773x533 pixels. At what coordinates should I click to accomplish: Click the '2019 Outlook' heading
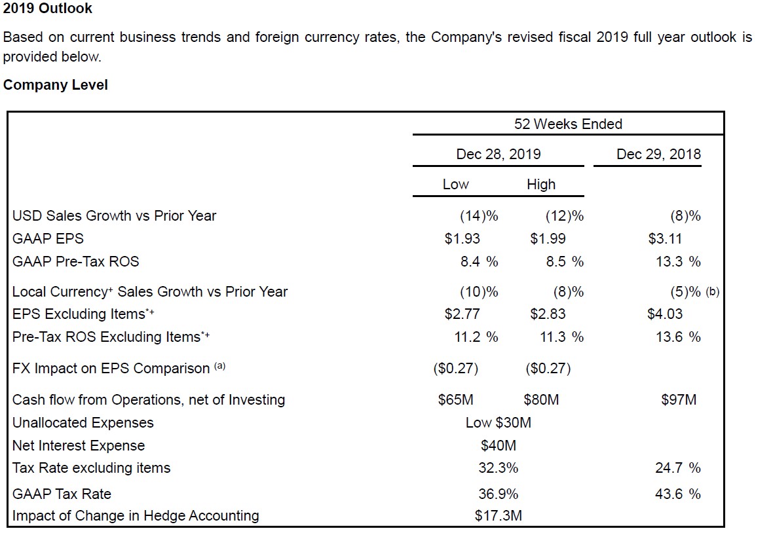click(48, 9)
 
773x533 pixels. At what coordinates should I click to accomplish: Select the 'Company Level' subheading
click(56, 85)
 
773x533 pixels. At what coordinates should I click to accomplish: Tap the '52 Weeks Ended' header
click(568, 124)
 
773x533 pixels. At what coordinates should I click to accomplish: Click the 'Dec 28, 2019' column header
click(499, 154)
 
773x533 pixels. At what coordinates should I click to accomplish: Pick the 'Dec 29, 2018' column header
click(658, 154)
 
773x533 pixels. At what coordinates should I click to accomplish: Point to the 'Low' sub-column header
click(455, 184)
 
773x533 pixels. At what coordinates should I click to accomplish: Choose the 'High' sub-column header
click(541, 184)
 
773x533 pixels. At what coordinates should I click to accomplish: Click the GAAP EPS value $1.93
click(462, 238)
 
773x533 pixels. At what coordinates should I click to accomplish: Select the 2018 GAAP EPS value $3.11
click(665, 238)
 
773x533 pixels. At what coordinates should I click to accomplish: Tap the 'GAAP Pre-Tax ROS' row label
click(76, 261)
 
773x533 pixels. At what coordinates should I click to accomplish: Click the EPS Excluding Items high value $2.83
click(548, 314)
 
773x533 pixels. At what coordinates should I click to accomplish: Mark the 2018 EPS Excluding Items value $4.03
click(665, 314)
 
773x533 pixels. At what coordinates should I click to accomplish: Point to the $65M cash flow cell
click(456, 399)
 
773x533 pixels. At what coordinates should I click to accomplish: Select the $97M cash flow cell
click(679, 399)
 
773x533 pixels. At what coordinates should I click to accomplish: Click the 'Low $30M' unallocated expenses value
click(499, 422)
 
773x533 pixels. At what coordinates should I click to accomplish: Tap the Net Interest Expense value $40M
click(499, 445)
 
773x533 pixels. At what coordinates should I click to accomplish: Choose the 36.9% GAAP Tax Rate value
click(499, 493)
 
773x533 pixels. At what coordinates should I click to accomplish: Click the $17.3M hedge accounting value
click(499, 515)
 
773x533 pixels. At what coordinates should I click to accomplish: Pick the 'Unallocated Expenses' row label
click(83, 422)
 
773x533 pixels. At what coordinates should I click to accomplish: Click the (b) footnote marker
click(713, 292)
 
